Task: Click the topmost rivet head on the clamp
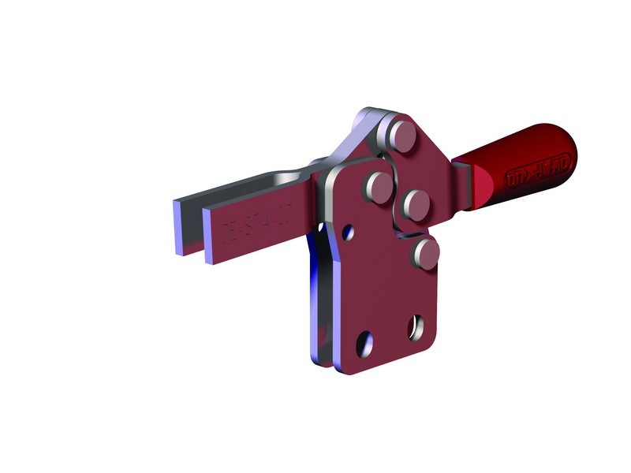coord(403,135)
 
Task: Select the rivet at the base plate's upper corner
coord(378,187)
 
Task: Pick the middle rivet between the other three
coord(414,204)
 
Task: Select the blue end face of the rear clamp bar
coord(179,226)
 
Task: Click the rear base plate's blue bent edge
coord(319,315)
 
